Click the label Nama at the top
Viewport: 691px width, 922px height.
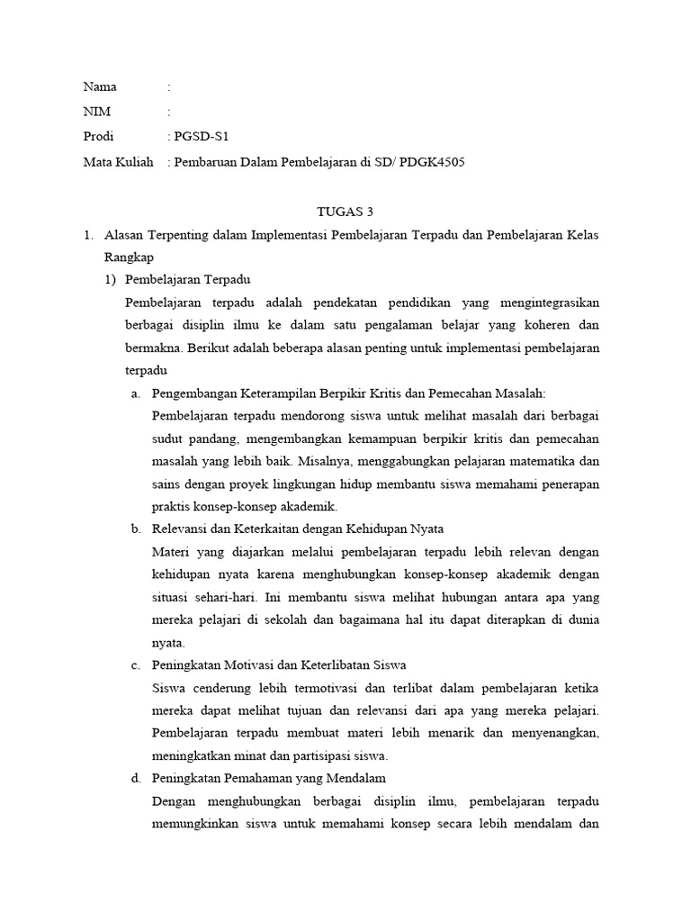(100, 87)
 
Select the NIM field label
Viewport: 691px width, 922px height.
(97, 113)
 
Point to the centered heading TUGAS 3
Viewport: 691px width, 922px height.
(345, 212)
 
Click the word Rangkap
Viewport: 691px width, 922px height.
(129, 258)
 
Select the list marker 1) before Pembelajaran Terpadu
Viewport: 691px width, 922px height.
(111, 278)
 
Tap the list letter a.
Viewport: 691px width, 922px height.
(136, 393)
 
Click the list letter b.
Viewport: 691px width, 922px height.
(136, 529)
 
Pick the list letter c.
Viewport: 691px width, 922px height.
(136, 664)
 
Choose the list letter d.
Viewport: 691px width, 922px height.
(136, 778)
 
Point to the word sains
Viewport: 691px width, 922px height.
(168, 484)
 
